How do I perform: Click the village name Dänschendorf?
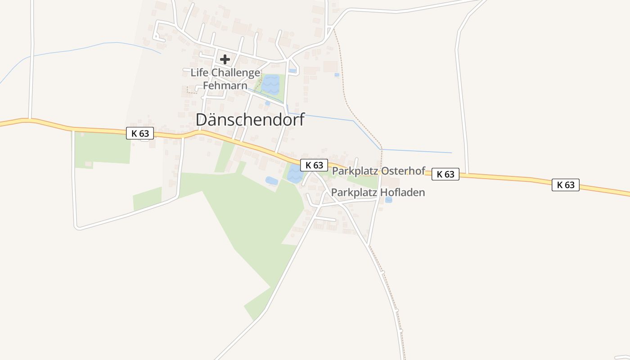250,120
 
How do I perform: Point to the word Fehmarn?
225,85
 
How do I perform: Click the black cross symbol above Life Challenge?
225,59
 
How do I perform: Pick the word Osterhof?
403,171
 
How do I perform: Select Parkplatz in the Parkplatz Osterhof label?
354,171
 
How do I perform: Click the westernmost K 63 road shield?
140,133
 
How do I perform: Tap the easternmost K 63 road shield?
566,184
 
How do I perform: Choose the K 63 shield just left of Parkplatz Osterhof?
314,165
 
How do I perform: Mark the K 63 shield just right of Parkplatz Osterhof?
445,174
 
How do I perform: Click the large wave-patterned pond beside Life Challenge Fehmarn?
271,84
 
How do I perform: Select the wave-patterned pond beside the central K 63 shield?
294,174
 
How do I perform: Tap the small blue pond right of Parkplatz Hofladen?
388,199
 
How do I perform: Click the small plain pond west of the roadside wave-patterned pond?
271,181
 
